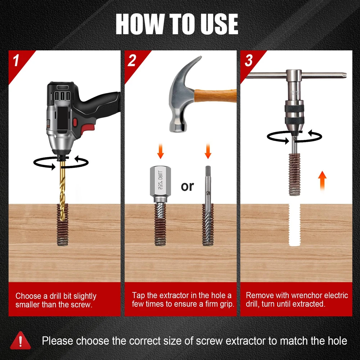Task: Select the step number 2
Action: pos(132,60)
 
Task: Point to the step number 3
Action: pos(249,60)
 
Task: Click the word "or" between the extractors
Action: pos(187,186)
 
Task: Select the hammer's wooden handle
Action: pos(215,96)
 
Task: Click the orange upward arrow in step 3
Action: pos(322,180)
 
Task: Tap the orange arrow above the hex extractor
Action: pos(161,151)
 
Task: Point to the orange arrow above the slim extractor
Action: pos(208,151)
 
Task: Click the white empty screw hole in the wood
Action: pos(294,225)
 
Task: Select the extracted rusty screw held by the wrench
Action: pos(294,175)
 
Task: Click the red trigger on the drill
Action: pos(75,122)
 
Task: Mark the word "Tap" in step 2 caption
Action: pos(139,295)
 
